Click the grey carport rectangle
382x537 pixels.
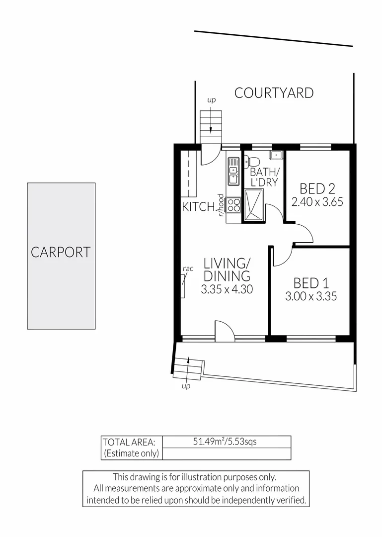(x=61, y=256)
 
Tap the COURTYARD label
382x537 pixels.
(x=274, y=93)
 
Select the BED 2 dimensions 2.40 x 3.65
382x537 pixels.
(x=317, y=202)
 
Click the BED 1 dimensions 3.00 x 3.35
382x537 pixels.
(x=311, y=297)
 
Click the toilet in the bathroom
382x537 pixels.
(x=252, y=161)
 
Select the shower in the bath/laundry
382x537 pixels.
(x=254, y=204)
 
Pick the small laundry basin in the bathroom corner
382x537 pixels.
(x=276, y=155)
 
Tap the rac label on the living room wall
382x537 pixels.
(x=188, y=268)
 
